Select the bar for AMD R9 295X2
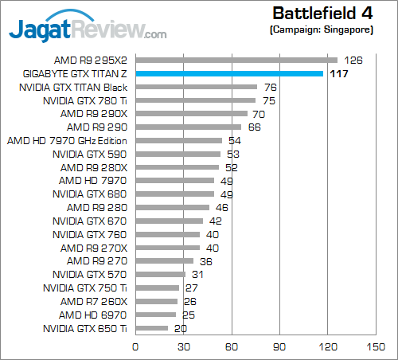coord(236,60)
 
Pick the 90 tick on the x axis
coord(279,347)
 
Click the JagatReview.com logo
coord(88,29)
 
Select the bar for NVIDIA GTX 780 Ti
coord(196,100)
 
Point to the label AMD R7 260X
coord(93,301)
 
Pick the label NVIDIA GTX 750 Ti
coord(85,288)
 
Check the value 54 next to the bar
coord(233,140)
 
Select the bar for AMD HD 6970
coord(155,315)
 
